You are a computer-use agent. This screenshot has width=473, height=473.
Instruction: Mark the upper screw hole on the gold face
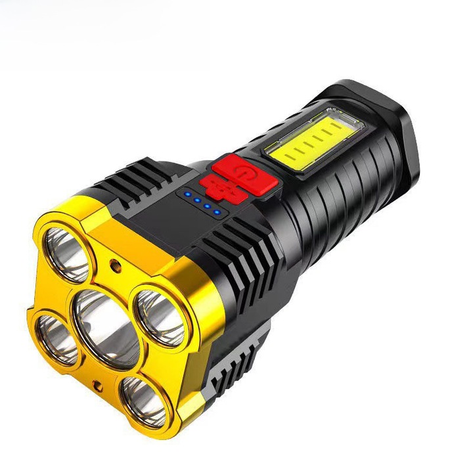pyautogui.click(x=117, y=266)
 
